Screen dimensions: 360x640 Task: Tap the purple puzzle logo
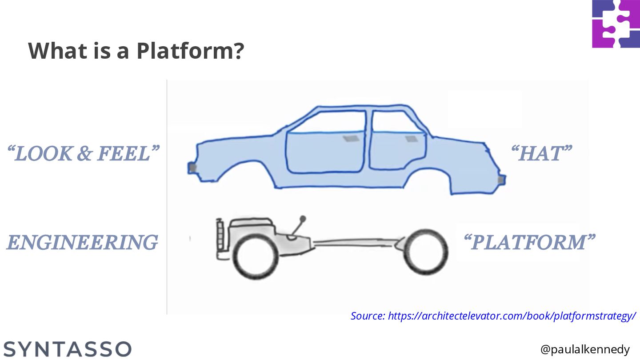point(616,24)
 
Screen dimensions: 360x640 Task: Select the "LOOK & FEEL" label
point(83,154)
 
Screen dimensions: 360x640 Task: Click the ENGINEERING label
point(82,243)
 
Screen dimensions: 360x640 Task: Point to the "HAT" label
point(541,154)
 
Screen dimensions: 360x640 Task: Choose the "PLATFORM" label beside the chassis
point(529,243)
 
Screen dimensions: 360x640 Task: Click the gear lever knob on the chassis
point(303,219)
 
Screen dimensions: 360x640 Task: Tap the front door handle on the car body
point(351,139)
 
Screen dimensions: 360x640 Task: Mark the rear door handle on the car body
point(412,139)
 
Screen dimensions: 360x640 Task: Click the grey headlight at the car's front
point(192,168)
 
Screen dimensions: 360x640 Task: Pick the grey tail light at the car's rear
point(501,180)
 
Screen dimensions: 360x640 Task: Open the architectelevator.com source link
point(493,316)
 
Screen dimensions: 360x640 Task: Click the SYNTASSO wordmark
point(68,349)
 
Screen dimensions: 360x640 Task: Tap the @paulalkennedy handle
point(585,350)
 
